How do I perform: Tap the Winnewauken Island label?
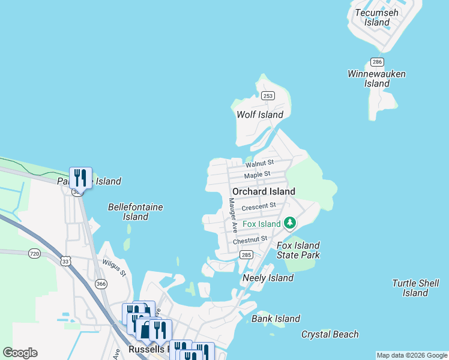coord(376,79)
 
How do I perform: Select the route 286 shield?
coord(377,62)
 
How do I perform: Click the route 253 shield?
coord(268,96)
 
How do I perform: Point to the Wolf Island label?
coord(260,115)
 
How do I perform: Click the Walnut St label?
coord(259,163)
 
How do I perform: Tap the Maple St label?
coord(258,175)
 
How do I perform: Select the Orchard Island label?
coord(264,191)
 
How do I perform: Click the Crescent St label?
coord(258,207)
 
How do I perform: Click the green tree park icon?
coord(290,224)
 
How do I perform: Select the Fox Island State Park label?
coord(298,250)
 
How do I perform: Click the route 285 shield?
coord(246,255)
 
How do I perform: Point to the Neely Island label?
coord(268,278)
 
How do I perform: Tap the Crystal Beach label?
coord(330,334)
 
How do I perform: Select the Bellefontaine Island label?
coord(136,212)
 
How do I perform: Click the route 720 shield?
coord(34,254)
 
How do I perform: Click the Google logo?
coord(20,353)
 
